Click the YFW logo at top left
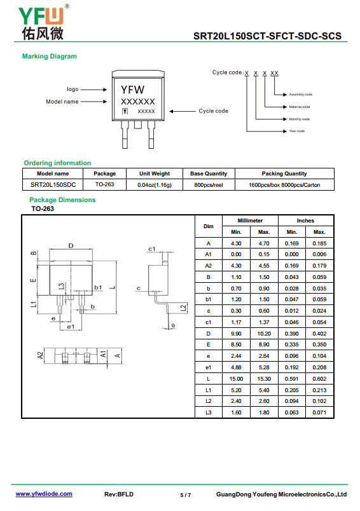pos(43,22)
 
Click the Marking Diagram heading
pos(50,57)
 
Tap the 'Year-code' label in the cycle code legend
pos(297,131)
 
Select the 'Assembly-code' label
pos(301,95)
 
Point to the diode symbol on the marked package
pos(125,111)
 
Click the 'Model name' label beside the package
pos(62,102)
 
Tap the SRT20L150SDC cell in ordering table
pos(53,185)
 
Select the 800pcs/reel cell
pos(209,185)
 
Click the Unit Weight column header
pos(155,174)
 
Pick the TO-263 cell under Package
pos(105,184)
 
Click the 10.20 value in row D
pos(264,334)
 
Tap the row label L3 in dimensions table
pos(209,412)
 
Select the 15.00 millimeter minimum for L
pos(236,379)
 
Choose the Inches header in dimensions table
pos(305,221)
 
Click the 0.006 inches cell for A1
pos(319,254)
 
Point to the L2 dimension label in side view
pos(184,308)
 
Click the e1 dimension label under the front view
pos(71,327)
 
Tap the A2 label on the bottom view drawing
pos(40,355)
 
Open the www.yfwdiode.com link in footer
pos(44,494)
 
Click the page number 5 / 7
pos(186,495)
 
